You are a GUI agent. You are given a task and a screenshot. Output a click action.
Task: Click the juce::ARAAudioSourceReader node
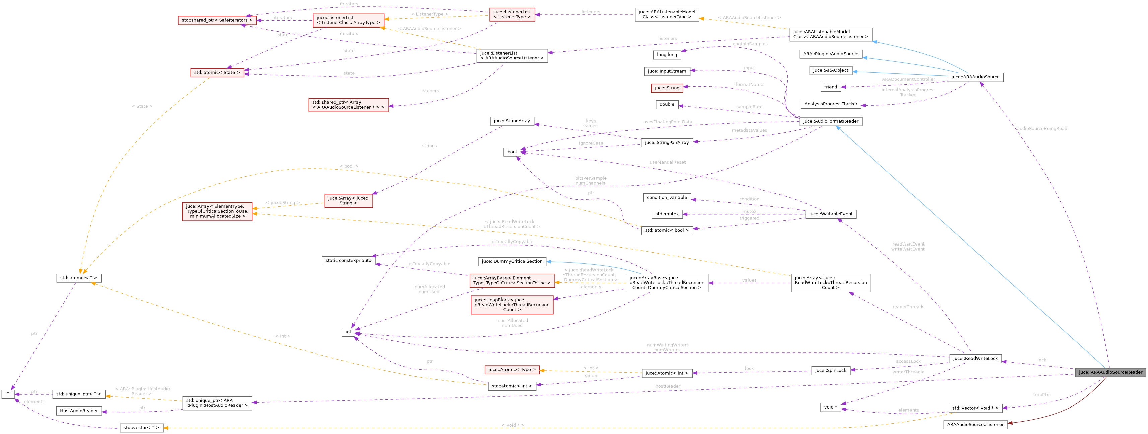(1110, 372)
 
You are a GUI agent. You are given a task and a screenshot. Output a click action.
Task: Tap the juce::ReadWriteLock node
(975, 358)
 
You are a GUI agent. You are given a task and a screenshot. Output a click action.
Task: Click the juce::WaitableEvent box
(831, 214)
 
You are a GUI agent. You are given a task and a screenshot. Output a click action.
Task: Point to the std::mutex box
(667, 214)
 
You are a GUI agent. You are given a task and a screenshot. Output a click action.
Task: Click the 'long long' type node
(667, 54)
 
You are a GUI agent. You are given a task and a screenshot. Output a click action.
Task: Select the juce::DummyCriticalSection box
(512, 261)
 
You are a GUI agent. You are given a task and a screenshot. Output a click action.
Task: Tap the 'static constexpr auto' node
(348, 261)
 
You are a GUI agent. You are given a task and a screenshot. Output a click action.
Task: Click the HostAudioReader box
(79, 411)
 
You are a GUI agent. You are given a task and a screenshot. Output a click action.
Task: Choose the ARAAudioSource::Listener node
(975, 424)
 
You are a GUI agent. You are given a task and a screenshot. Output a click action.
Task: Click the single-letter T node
(8, 394)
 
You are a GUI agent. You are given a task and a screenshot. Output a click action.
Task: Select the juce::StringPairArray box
(667, 142)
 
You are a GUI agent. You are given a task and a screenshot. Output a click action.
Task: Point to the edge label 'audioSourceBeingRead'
(1041, 128)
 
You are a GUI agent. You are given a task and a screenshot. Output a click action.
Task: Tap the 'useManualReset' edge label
(667, 162)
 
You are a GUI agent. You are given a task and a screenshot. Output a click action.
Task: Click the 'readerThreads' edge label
(908, 307)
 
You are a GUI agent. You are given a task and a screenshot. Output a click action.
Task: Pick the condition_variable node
(667, 197)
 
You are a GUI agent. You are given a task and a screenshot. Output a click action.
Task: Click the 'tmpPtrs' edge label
(1041, 395)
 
